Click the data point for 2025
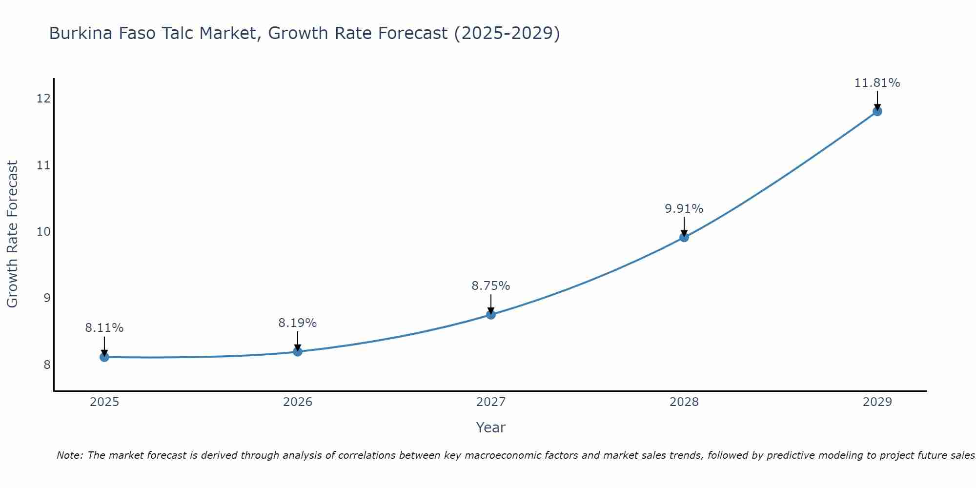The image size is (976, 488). (104, 357)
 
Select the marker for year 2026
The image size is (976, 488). (298, 351)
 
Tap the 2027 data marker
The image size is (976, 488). (491, 315)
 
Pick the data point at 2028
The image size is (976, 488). (684, 238)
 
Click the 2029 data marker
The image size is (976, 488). (877, 111)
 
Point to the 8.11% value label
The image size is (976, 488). (104, 328)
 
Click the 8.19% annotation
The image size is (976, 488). (298, 323)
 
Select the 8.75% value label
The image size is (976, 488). (491, 286)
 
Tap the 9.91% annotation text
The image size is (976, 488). (684, 209)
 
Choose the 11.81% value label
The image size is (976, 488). (877, 83)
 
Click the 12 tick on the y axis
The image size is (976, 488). (43, 99)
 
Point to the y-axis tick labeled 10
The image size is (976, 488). (43, 231)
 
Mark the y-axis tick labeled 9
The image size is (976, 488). (47, 298)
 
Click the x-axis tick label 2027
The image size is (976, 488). (491, 402)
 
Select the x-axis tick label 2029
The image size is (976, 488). (877, 402)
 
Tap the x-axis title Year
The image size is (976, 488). (490, 427)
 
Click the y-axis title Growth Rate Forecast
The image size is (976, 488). (12, 234)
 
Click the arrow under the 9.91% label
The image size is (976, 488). (684, 227)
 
